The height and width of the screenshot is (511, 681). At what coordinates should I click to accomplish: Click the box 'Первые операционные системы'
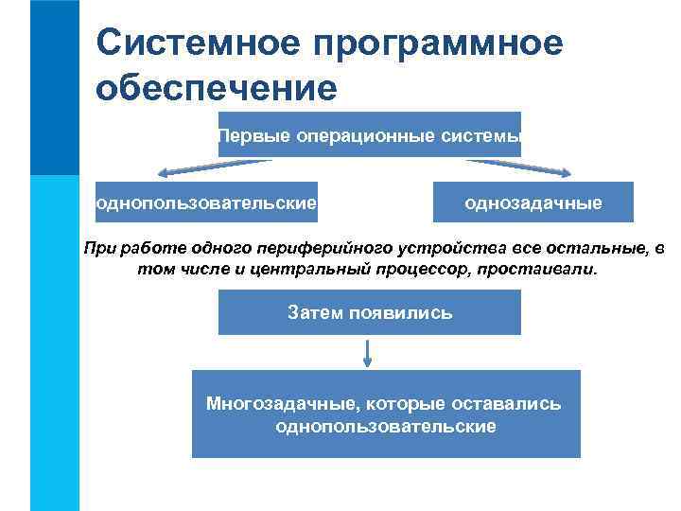[x=370, y=136]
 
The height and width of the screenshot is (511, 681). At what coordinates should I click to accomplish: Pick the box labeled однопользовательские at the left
[x=206, y=203]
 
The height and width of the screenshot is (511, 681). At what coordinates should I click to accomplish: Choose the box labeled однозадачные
[x=533, y=203]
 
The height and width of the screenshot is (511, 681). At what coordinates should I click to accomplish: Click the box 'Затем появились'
[x=370, y=312]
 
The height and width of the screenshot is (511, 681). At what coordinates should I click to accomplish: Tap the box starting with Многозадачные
[x=385, y=414]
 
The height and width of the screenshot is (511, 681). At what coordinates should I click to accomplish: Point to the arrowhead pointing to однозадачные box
[x=565, y=173]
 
